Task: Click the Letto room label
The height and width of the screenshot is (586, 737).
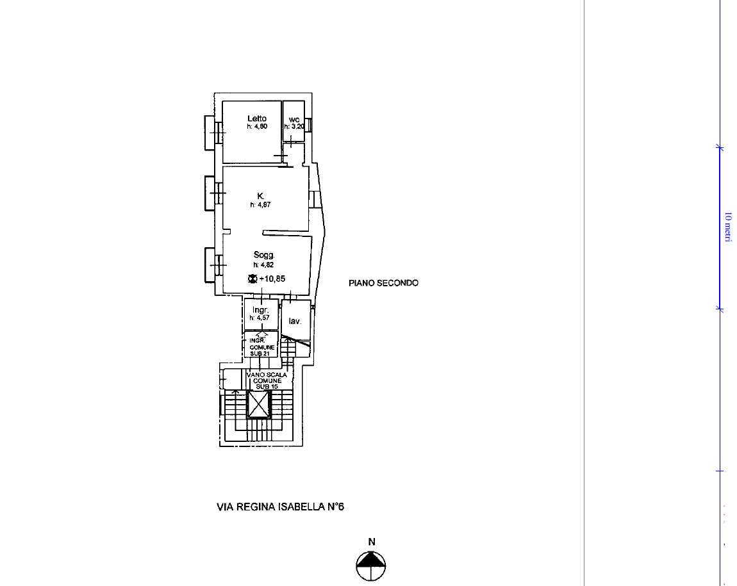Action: pyautogui.click(x=257, y=118)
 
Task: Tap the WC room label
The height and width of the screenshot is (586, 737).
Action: pyautogui.click(x=294, y=120)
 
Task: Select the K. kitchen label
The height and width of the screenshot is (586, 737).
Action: pyautogui.click(x=261, y=196)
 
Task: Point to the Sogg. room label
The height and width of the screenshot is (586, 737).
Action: pyautogui.click(x=264, y=254)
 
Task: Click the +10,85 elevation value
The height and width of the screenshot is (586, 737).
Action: pyautogui.click(x=272, y=279)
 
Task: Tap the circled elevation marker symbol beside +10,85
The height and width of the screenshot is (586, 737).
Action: pyautogui.click(x=253, y=279)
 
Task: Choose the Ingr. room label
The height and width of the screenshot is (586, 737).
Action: pyautogui.click(x=260, y=310)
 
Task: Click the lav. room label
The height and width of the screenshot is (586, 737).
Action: pyautogui.click(x=295, y=321)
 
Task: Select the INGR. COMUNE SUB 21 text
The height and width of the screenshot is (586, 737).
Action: pyautogui.click(x=262, y=347)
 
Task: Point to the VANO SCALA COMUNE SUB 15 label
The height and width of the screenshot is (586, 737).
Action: pyautogui.click(x=267, y=380)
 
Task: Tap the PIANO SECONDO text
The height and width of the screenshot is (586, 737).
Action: pyautogui.click(x=383, y=282)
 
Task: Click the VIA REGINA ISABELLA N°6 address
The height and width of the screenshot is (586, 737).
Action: pyautogui.click(x=280, y=507)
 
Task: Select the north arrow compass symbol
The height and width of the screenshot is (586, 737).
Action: pyautogui.click(x=371, y=566)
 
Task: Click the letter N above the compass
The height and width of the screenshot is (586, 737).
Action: pyautogui.click(x=372, y=542)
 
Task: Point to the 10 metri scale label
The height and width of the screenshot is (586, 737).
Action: pyautogui.click(x=728, y=227)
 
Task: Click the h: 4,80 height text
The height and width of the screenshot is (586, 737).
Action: pyautogui.click(x=257, y=126)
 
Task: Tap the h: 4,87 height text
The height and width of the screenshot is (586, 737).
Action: pyautogui.click(x=260, y=205)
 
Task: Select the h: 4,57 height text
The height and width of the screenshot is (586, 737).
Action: pyautogui.click(x=260, y=318)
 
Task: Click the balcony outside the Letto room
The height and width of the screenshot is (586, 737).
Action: pyautogui.click(x=210, y=133)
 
